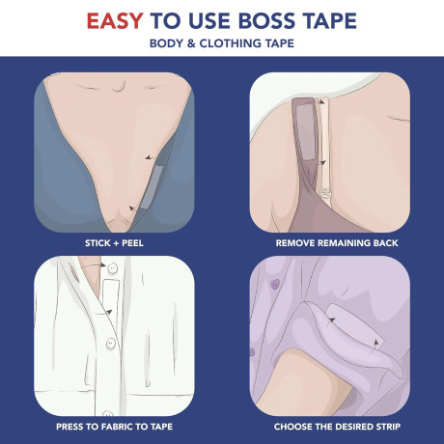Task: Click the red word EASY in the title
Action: (x=115, y=21)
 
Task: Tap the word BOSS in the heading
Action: (x=266, y=21)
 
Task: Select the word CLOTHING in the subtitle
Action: (x=230, y=43)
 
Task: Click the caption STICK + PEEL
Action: (x=114, y=243)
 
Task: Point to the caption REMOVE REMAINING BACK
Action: (x=337, y=243)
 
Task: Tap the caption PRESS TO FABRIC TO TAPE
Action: (x=114, y=427)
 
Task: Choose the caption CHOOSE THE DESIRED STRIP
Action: (x=337, y=427)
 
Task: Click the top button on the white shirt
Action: (x=112, y=267)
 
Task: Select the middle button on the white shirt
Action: (x=111, y=344)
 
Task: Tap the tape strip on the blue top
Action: (x=153, y=186)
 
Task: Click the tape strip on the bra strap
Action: (x=305, y=132)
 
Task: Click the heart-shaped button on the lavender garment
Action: (x=274, y=284)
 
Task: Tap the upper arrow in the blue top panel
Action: (x=150, y=157)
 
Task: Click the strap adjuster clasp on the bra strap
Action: (x=325, y=194)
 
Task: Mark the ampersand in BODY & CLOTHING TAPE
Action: (x=191, y=43)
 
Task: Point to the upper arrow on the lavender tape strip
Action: (x=331, y=320)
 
